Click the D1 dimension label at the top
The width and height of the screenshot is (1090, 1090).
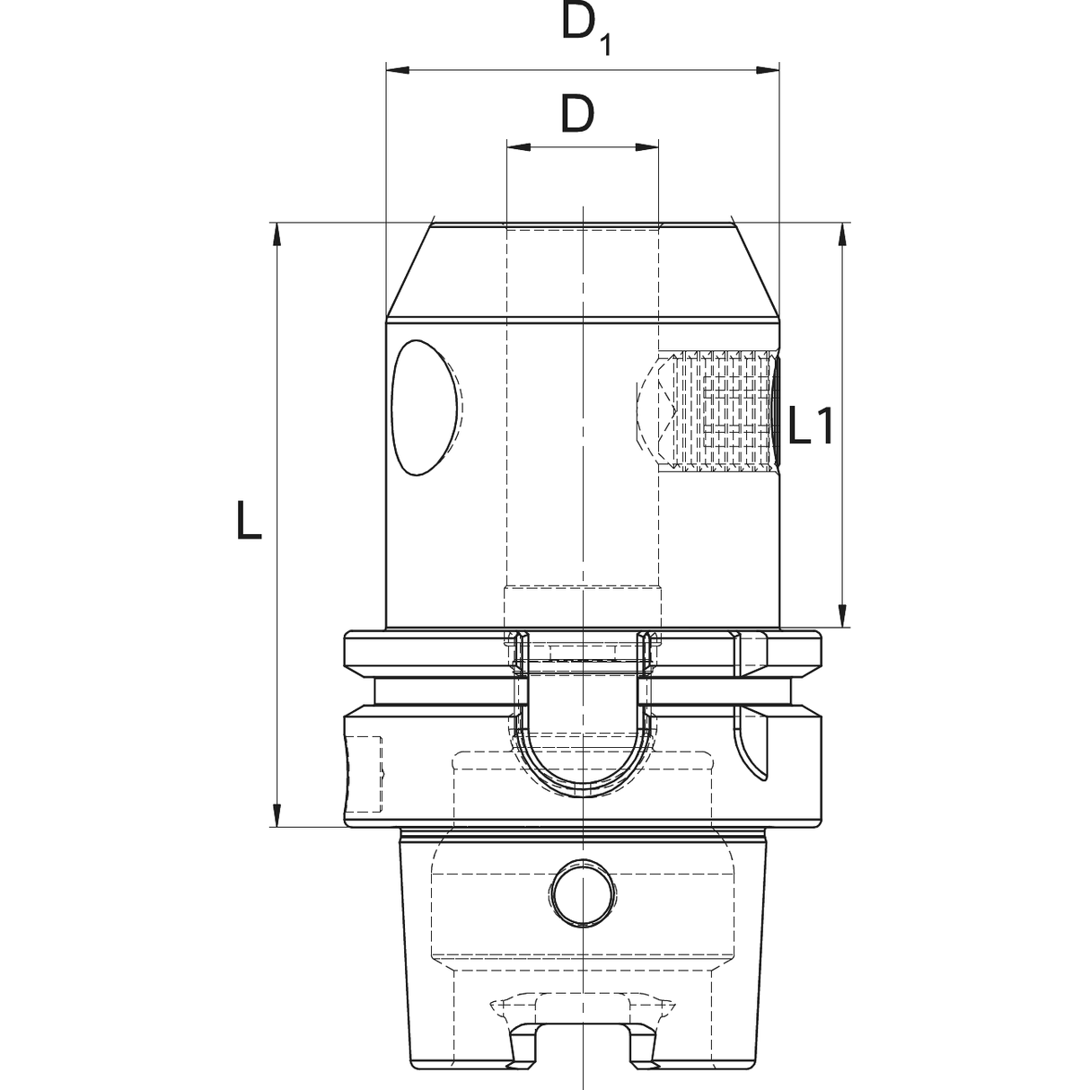(585, 28)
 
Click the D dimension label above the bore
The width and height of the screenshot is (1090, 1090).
(579, 114)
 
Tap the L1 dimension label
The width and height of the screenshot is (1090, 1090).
(812, 426)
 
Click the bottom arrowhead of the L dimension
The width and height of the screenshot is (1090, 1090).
(277, 814)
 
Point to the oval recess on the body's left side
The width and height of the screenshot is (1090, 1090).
(422, 407)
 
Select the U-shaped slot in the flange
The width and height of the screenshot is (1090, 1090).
(583, 745)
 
